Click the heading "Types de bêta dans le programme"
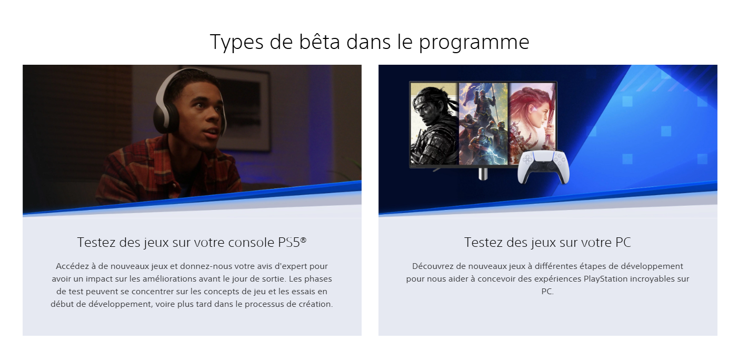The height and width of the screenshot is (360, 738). coord(369,42)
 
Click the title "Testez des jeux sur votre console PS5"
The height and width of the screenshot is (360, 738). coord(192,243)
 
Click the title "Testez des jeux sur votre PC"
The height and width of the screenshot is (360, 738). coord(547,243)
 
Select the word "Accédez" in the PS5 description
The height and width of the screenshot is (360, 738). coord(72,266)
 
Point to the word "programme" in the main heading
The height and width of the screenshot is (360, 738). coord(474,42)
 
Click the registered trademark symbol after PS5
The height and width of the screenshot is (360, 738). coord(303,239)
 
